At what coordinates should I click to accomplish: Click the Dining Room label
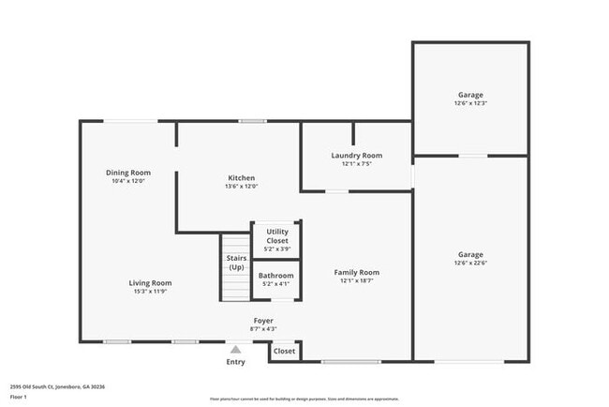pos(128,173)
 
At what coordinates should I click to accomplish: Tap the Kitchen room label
pos(241,177)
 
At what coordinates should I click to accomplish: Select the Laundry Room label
pos(356,156)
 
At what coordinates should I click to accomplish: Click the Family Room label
pos(356,273)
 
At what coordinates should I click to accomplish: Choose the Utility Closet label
pos(277,235)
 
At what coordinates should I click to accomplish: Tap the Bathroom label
pos(276,276)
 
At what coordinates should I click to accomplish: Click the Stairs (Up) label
pos(236,264)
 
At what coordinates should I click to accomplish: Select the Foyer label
pos(263,321)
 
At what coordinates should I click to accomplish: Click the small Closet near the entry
pos(284,351)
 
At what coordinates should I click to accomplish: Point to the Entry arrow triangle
pos(235,347)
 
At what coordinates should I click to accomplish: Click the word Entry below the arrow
pos(235,362)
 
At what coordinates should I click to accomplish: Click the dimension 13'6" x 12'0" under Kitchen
pos(241,186)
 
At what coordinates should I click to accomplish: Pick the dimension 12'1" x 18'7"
pos(356,280)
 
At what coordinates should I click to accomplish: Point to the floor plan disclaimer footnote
pos(304,398)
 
